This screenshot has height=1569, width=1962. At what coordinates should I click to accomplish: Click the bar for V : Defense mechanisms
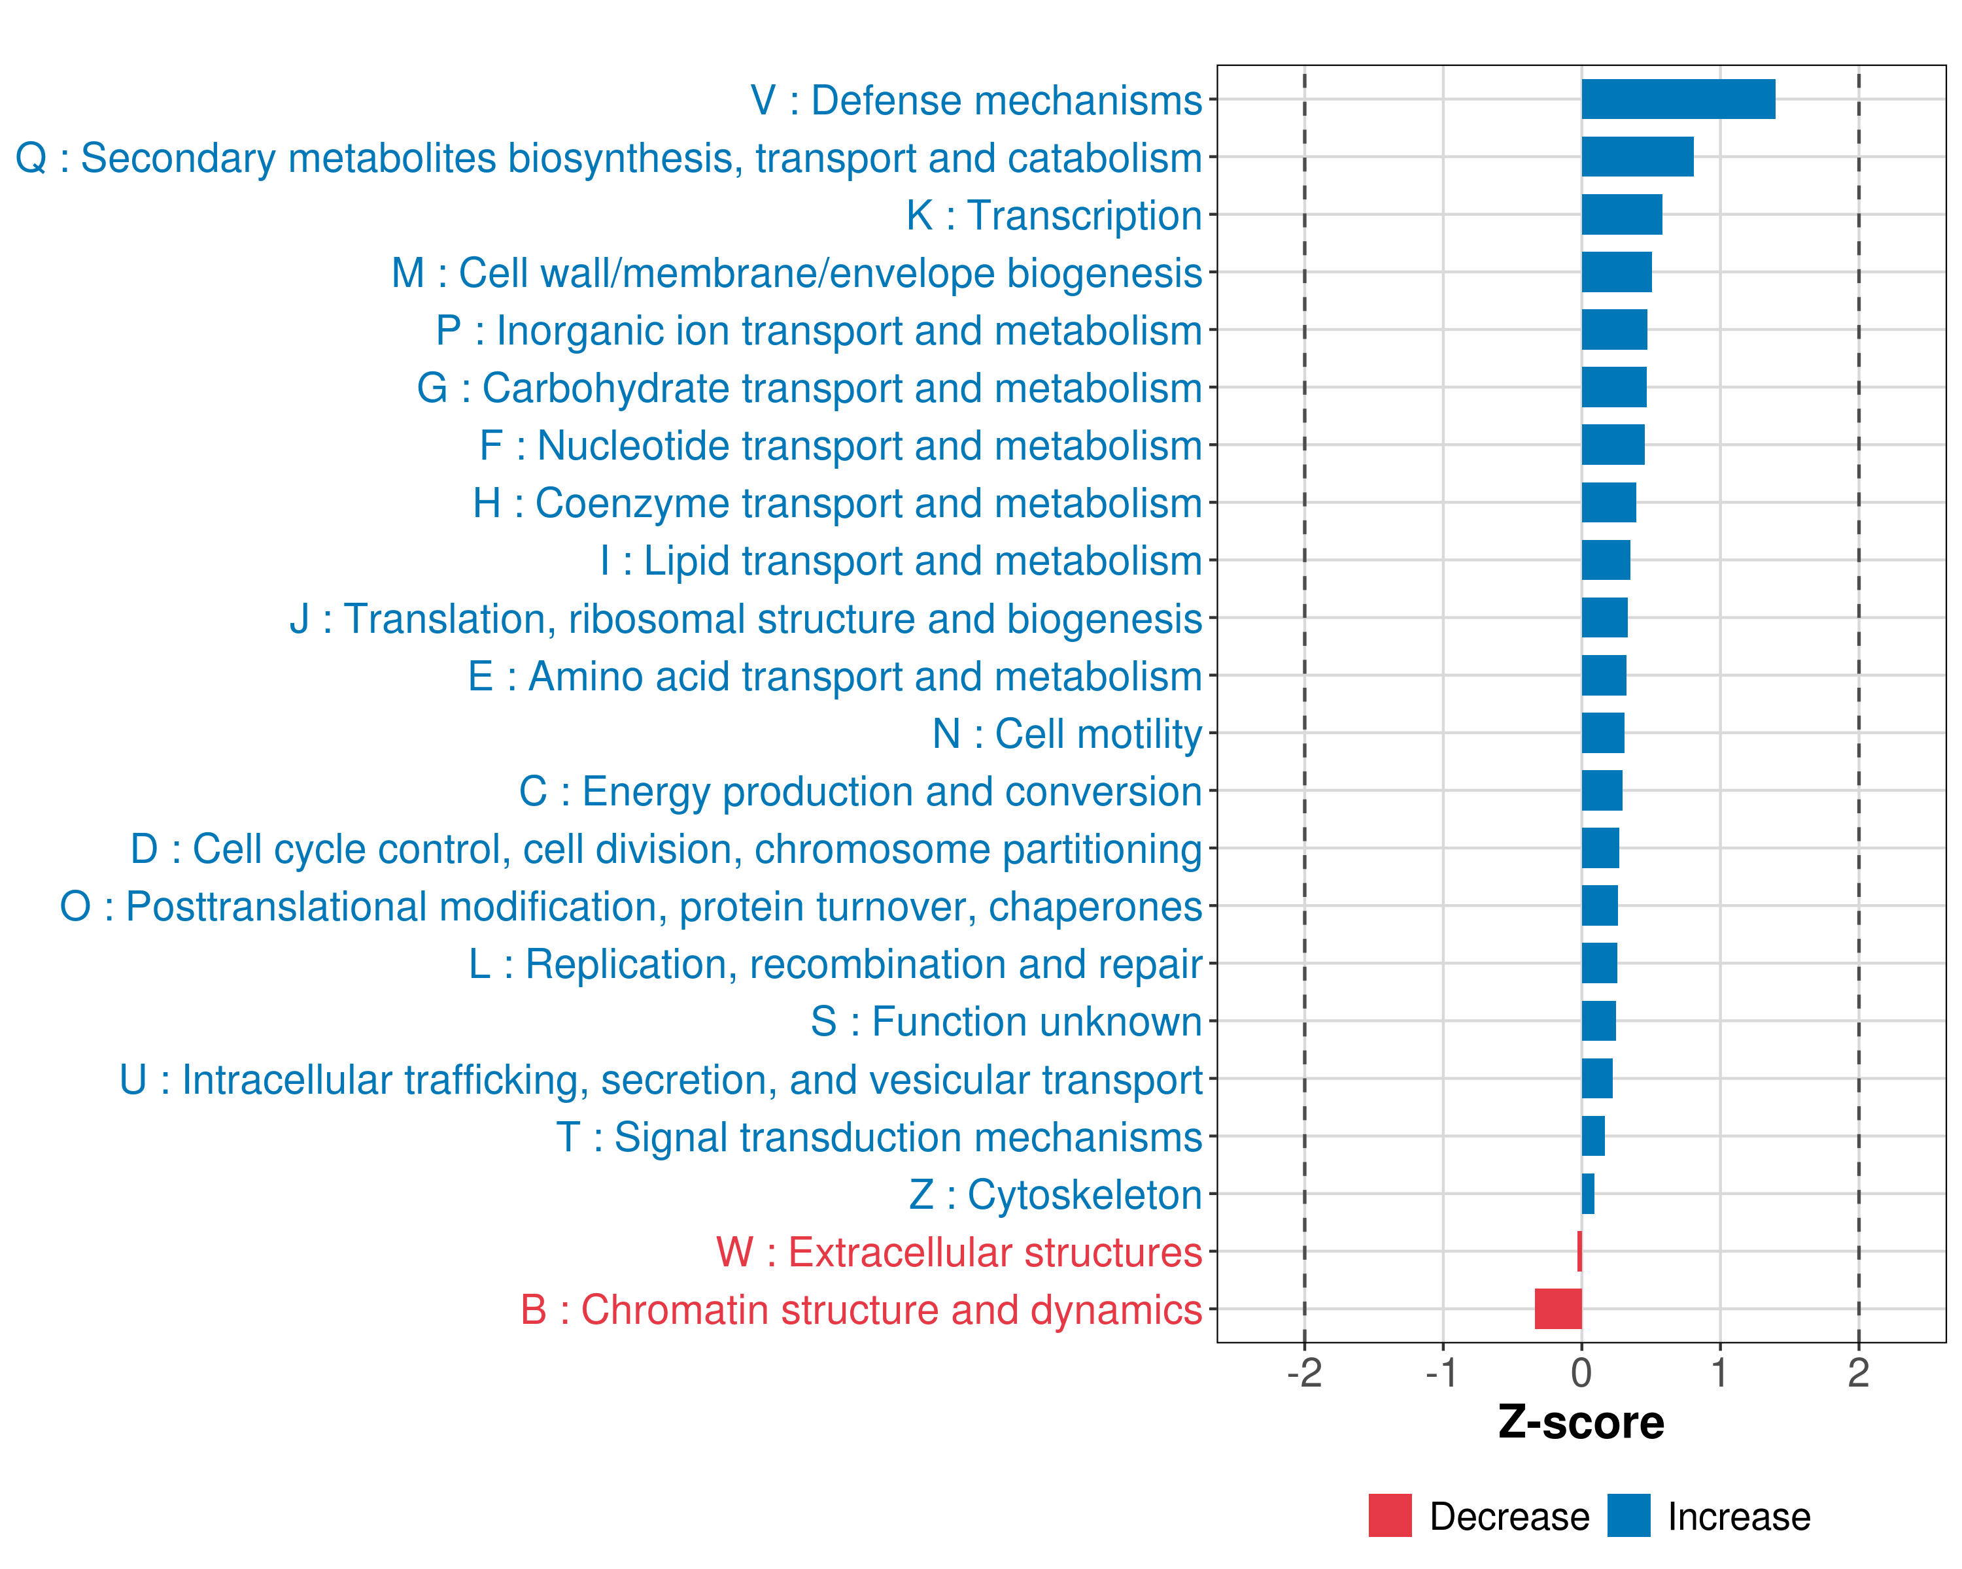[x=1678, y=99]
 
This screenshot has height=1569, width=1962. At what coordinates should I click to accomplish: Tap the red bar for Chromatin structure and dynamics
[x=1558, y=1309]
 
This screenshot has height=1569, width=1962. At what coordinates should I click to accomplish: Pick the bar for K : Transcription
[x=1622, y=214]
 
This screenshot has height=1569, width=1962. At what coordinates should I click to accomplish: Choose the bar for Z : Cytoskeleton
[x=1588, y=1193]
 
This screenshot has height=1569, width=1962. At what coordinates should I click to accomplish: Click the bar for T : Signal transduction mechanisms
[x=1593, y=1136]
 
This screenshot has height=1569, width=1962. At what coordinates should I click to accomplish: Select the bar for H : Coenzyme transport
[x=1609, y=502]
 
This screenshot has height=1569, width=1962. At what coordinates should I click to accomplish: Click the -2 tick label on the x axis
[x=1304, y=1372]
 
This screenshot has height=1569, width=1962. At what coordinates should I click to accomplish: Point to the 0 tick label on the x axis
[x=1581, y=1372]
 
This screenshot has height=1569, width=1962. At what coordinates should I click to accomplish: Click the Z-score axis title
[x=1581, y=1423]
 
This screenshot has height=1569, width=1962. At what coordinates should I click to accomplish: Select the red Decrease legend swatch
[x=1390, y=1515]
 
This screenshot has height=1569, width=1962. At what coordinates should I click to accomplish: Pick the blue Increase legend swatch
[x=1629, y=1515]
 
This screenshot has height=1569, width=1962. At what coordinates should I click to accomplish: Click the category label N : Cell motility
[x=1067, y=734]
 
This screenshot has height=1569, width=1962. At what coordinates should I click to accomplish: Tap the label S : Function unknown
[x=1007, y=1021]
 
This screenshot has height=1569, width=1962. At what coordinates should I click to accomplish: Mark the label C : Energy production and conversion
[x=861, y=791]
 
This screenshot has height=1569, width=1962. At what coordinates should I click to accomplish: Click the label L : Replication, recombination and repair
[x=835, y=964]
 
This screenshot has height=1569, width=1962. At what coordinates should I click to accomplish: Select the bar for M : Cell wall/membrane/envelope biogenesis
[x=1616, y=272]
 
